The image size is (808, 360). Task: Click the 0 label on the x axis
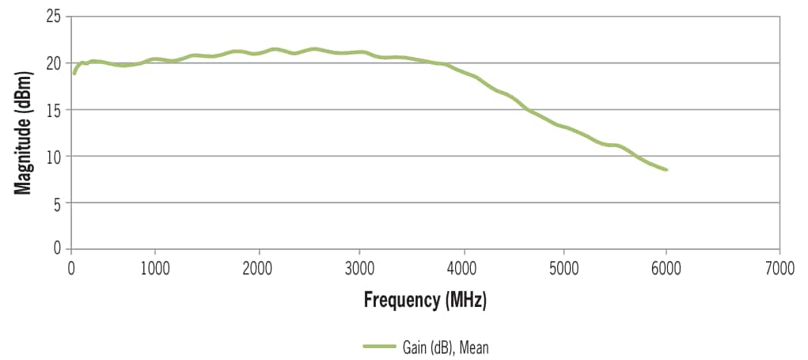(71, 267)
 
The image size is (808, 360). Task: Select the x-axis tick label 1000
(155, 267)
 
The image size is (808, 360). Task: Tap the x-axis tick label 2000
(258, 267)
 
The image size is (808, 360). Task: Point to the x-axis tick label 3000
(360, 267)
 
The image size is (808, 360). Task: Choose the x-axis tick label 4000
(462, 267)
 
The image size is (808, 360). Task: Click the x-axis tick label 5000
(564, 267)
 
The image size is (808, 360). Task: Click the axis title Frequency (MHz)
(425, 300)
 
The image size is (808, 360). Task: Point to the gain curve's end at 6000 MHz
(666, 169)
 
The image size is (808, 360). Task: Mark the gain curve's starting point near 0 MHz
(74, 73)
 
